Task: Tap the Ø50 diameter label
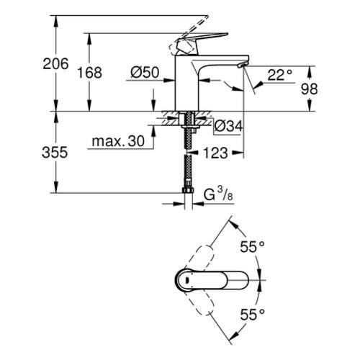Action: click(145, 73)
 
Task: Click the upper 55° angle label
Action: click(252, 247)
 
